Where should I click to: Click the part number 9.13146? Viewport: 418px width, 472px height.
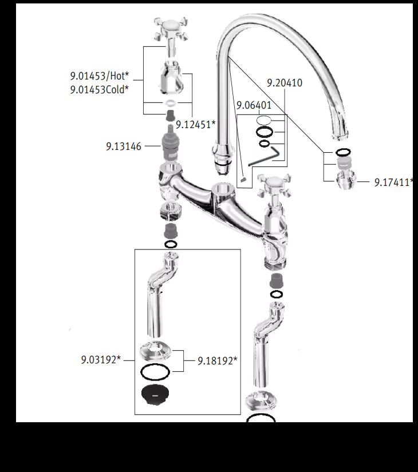tap(124, 146)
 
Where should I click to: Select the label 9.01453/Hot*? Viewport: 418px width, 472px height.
tap(100, 76)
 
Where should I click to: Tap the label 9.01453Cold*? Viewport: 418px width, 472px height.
tap(100, 89)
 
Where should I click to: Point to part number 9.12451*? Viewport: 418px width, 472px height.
tap(196, 124)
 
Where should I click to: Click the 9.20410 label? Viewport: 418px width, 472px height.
tap(285, 83)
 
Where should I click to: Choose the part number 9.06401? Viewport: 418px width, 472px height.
tap(254, 105)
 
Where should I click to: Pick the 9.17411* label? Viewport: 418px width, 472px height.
tap(392, 183)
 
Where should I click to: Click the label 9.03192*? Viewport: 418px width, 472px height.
tap(101, 360)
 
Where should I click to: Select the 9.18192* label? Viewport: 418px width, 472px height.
tap(217, 360)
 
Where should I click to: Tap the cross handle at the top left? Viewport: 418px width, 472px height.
tap(171, 29)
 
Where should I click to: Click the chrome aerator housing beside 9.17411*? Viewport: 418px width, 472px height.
tap(346, 180)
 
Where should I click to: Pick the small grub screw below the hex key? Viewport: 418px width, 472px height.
tap(243, 180)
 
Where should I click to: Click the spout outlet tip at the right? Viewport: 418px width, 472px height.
tap(340, 136)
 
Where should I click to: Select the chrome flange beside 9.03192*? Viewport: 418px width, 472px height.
tap(155, 351)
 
